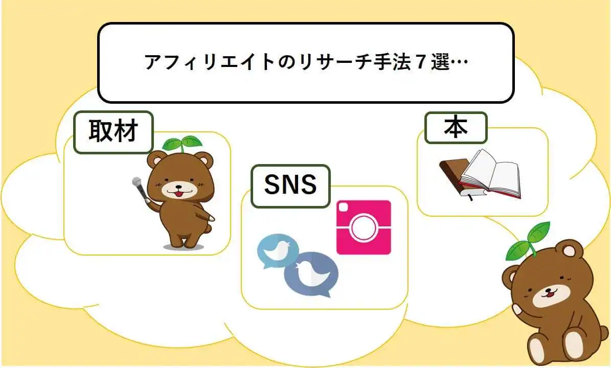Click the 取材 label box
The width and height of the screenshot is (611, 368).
113,132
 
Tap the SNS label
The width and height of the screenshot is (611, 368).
290,186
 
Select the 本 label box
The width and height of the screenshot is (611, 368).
456,128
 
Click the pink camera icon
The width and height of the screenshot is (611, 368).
364,227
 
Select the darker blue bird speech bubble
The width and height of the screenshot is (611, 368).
312,274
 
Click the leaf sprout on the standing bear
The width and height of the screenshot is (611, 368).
182,144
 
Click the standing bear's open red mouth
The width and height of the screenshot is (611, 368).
178,194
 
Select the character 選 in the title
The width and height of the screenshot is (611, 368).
440,62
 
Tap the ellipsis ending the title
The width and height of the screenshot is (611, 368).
460,62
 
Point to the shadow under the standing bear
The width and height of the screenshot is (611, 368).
183,247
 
